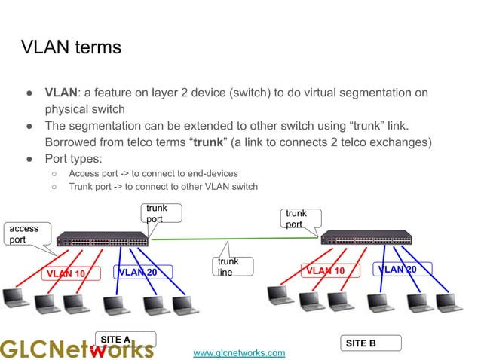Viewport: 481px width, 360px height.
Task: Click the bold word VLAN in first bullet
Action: [61, 93]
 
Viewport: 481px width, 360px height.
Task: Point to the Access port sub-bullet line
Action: [153, 173]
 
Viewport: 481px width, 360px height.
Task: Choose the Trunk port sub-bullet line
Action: [163, 187]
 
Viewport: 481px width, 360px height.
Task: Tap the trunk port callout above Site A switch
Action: [161, 213]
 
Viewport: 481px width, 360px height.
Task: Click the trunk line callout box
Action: [232, 267]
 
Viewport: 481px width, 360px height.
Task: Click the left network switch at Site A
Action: [103, 239]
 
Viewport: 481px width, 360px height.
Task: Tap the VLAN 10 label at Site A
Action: [66, 273]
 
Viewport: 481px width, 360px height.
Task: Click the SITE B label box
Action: [371, 343]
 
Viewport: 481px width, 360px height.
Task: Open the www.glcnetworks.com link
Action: [239, 352]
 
